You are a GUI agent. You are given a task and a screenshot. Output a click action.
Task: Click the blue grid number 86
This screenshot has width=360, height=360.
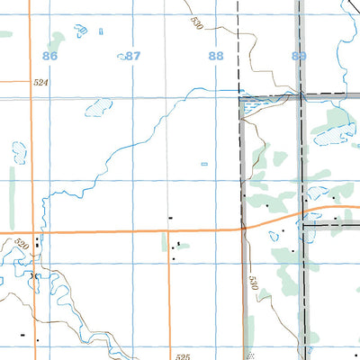49,56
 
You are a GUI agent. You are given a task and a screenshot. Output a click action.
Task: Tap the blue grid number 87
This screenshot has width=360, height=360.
132,56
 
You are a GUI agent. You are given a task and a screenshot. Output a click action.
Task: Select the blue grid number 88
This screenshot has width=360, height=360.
215,56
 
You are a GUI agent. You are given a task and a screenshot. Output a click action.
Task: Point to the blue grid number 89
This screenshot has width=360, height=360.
299,56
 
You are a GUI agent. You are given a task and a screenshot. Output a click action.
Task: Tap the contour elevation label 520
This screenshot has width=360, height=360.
22,245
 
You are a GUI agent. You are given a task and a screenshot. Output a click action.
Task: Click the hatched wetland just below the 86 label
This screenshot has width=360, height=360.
96,107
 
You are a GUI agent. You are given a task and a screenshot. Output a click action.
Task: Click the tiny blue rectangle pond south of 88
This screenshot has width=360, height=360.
203,164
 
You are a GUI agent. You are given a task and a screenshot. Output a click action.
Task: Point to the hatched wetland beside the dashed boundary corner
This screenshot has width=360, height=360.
253,107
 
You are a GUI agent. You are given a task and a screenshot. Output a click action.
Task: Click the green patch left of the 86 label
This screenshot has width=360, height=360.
58,40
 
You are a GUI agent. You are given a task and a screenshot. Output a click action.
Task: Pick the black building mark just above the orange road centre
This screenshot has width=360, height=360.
170,217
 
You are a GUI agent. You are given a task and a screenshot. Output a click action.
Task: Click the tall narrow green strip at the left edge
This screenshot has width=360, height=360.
13,184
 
